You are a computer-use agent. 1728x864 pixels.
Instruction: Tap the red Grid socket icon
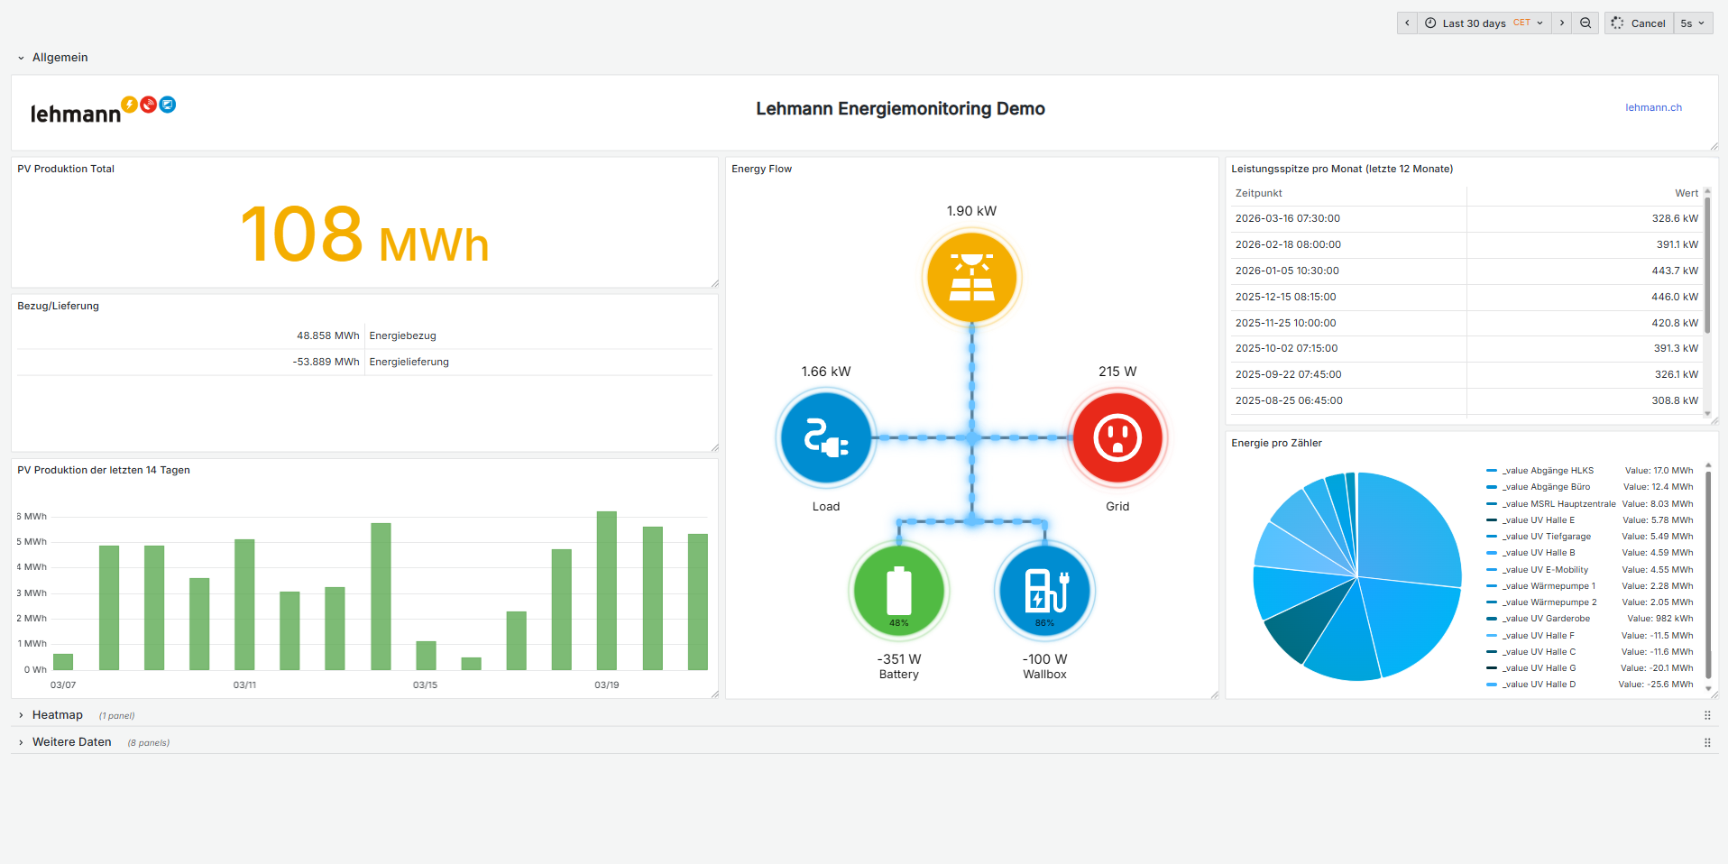click(x=1117, y=438)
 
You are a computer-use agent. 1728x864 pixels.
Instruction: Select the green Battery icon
click(x=899, y=591)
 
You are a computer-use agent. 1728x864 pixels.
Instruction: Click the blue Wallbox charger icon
click(x=1044, y=591)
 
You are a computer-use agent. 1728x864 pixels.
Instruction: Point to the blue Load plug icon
click(x=826, y=438)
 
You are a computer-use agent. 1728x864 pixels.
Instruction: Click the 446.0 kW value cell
click(x=1674, y=297)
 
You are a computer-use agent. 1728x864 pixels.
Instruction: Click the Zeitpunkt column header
click(x=1258, y=193)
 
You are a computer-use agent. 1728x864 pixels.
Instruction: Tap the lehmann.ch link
click(x=1653, y=107)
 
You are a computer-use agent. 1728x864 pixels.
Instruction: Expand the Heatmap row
click(x=57, y=715)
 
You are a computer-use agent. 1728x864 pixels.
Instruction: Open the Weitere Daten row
click(x=71, y=742)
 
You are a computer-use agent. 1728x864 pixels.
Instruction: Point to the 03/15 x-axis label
click(x=425, y=685)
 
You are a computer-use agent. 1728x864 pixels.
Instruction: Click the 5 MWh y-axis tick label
click(x=33, y=542)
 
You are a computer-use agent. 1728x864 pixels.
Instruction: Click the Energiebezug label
click(x=402, y=335)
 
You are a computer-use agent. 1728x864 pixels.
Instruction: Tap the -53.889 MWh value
click(x=326, y=362)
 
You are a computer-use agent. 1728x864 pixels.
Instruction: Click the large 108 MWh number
click(x=364, y=235)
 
